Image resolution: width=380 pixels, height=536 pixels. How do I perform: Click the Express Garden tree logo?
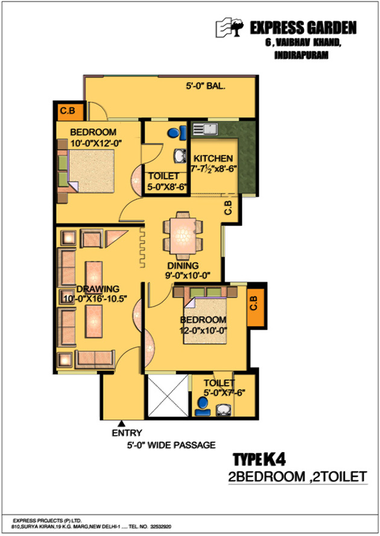pyautogui.click(x=230, y=27)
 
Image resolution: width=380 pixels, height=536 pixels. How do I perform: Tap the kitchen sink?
pyautogui.click(x=205, y=129)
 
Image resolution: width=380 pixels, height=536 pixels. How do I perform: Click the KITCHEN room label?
pyautogui.click(x=213, y=158)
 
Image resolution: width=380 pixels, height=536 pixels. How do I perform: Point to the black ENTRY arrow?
pyautogui.click(x=122, y=424)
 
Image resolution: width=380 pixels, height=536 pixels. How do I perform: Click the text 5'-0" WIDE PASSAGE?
pyautogui.click(x=171, y=445)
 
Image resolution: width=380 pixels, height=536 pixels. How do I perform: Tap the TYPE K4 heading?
pyautogui.click(x=259, y=459)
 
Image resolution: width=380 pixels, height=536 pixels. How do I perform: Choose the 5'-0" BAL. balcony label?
pyautogui.click(x=205, y=86)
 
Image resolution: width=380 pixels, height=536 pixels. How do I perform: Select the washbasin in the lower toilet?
pyautogui.click(x=224, y=410)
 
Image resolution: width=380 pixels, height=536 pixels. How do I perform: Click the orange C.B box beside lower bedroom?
pyautogui.click(x=256, y=307)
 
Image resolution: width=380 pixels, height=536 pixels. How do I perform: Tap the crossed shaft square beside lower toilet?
pyautogui.click(x=168, y=395)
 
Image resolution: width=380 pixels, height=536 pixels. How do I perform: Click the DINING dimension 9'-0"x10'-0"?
pyautogui.click(x=188, y=275)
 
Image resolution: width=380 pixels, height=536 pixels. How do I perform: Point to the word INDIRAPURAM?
pyautogui.click(x=301, y=56)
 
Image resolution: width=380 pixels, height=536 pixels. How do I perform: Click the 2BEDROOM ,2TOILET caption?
pyautogui.click(x=297, y=476)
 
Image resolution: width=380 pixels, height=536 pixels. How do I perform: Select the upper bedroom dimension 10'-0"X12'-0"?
pyautogui.click(x=96, y=143)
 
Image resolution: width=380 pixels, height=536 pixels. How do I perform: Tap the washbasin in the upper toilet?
pyautogui.click(x=180, y=156)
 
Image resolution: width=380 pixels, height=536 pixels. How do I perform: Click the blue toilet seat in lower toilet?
pyautogui.click(x=202, y=407)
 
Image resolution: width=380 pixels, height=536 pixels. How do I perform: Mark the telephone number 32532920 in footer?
pyautogui.click(x=160, y=527)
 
